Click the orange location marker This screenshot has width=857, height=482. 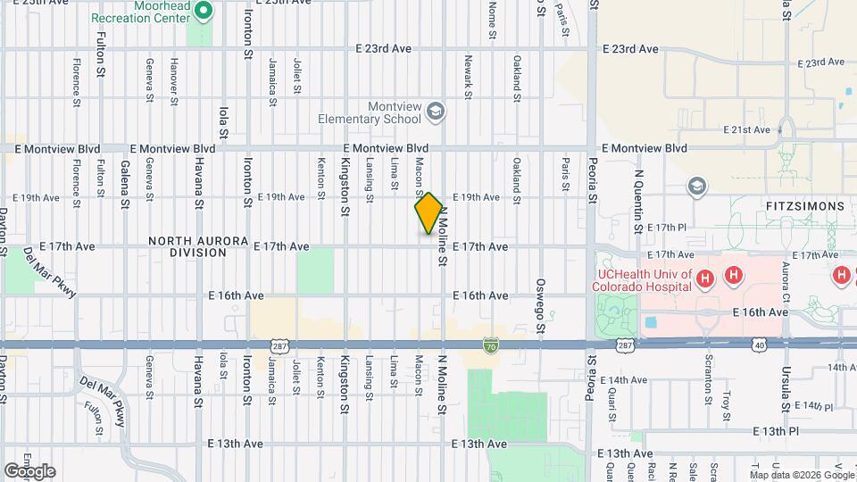[428, 213]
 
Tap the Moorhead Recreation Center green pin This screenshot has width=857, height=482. [203, 12]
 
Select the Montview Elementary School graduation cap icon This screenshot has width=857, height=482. [436, 112]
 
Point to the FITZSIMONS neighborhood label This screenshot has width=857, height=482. [804, 206]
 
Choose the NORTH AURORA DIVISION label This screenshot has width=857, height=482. [187, 246]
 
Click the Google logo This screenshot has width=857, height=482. [29, 470]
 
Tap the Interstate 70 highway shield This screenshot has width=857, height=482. [490, 344]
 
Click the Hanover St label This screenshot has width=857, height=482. [174, 80]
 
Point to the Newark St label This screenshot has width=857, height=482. [467, 76]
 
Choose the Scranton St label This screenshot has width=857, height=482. [708, 382]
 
